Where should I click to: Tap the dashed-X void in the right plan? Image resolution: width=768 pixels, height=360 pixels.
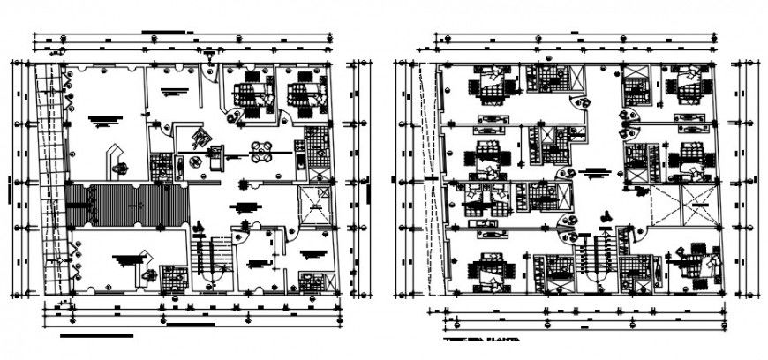(669, 207)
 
